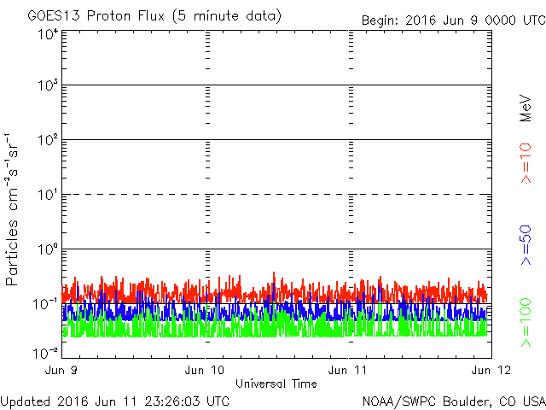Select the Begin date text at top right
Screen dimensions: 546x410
pyautogui.click(x=453, y=20)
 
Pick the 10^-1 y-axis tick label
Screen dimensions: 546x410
pyautogui.click(x=46, y=304)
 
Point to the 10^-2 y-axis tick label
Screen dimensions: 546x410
pyautogui.click(x=46, y=353)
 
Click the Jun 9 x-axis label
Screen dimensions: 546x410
pyautogui.click(x=61, y=370)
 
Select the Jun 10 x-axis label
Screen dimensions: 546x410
pyautogui.click(x=205, y=370)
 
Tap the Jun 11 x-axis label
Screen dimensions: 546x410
pyautogui.click(x=348, y=370)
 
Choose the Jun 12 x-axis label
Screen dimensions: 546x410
pyautogui.click(x=491, y=370)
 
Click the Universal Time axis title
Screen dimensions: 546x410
pyautogui.click(x=276, y=384)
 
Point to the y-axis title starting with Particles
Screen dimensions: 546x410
pyautogui.click(x=12, y=209)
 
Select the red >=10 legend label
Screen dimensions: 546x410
pyautogui.click(x=526, y=163)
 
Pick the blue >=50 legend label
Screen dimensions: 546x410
pyautogui.click(x=526, y=245)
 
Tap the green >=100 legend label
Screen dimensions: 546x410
pyautogui.click(x=526, y=323)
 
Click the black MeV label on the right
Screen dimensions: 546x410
pyautogui.click(x=526, y=108)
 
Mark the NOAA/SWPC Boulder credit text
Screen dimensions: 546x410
pyautogui.click(x=454, y=401)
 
